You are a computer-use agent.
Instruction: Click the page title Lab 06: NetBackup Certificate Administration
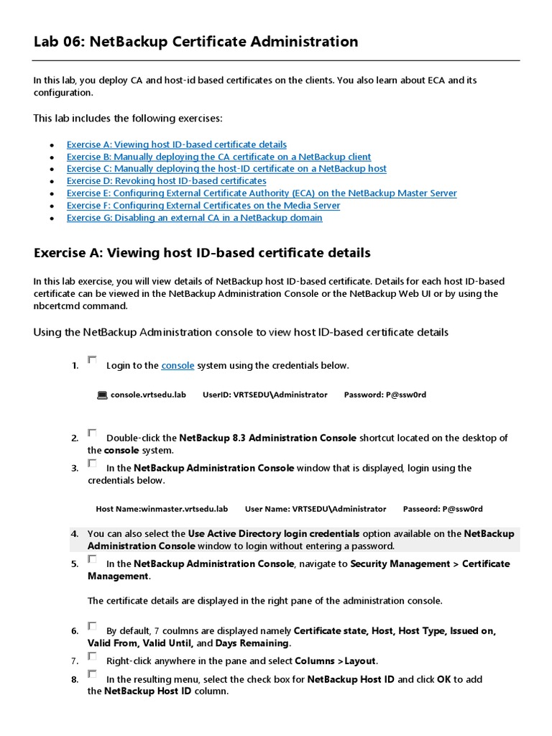pos(195,42)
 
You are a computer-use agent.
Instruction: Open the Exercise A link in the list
pos(176,144)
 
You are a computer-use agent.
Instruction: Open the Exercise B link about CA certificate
pos(218,157)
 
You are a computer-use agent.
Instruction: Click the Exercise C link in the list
pos(226,169)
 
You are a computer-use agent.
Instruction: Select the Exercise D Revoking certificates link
pos(166,181)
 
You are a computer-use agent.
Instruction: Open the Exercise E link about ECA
pos(261,193)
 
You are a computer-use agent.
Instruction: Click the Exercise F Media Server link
pos(203,206)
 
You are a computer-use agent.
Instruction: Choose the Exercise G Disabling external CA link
pos(194,218)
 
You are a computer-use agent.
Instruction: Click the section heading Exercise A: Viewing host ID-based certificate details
pos(202,253)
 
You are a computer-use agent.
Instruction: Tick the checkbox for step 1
pos(92,360)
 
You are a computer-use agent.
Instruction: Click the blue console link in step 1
pos(178,366)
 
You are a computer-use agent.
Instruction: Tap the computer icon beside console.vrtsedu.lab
pos(101,395)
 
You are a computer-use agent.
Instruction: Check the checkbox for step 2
pos(92,433)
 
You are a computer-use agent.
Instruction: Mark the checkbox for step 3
pos(92,463)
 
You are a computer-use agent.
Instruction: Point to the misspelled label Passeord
pos(421,509)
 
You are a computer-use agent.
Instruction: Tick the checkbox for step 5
pos(92,558)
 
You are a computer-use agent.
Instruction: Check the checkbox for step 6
pos(92,626)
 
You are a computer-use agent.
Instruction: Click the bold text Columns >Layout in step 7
pos(336,661)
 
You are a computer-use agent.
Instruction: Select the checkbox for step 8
pos(92,674)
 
